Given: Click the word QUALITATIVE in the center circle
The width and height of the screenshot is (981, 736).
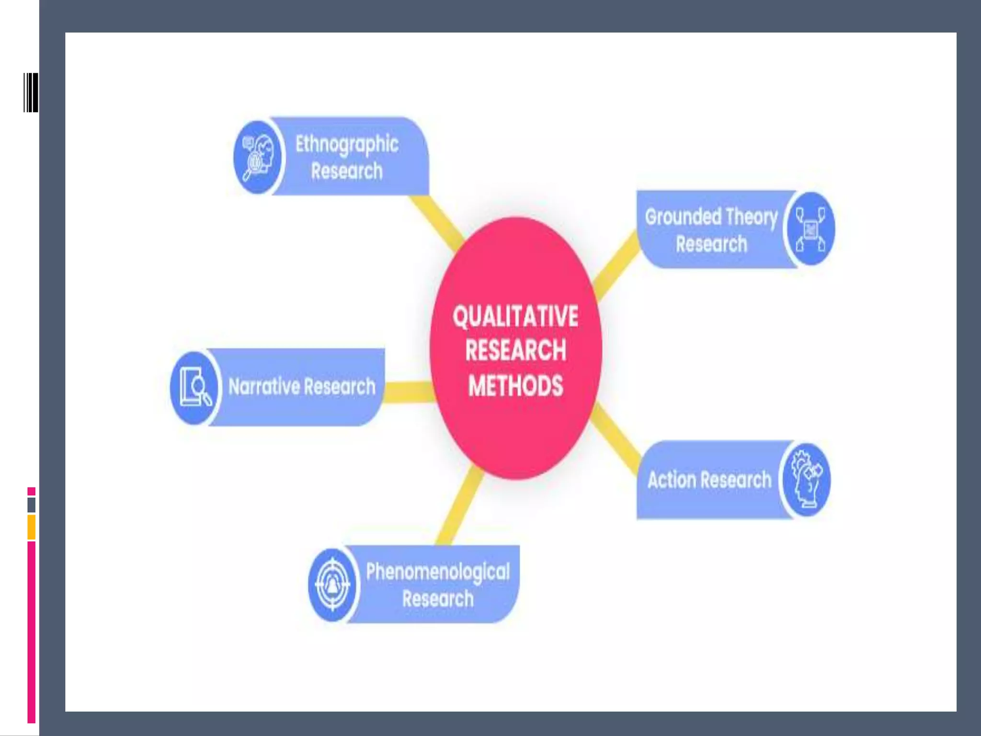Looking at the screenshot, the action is pos(515,317).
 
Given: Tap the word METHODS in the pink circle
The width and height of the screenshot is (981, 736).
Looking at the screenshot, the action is pos(515,386).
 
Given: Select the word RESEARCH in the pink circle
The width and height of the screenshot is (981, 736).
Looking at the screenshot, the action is pos(515,350).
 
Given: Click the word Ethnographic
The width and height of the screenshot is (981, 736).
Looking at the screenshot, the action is pos(347,144).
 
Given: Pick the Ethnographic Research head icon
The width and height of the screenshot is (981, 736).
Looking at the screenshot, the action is pos(258,157).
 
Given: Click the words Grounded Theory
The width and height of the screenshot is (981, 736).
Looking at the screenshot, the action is pos(711,217).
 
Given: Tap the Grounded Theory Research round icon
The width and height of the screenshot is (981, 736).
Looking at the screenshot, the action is pos(810,229).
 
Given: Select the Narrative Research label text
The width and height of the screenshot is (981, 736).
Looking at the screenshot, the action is pos(302,387).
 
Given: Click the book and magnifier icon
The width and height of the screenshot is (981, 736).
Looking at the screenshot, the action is pos(194,387).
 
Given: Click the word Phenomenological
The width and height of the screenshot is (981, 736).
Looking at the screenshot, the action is pos(438,572).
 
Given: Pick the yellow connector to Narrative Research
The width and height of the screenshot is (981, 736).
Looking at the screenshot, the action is pos(408,392).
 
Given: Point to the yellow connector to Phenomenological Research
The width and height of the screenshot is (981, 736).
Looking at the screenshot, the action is pos(460,508).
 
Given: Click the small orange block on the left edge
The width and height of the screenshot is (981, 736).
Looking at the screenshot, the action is pos(31,527).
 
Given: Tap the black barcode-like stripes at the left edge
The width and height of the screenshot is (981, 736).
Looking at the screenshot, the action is pos(31,92).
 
